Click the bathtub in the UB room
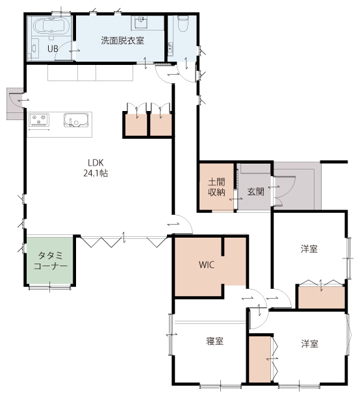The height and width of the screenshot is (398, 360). pyautogui.click(x=51, y=26)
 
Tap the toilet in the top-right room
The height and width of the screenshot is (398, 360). pyautogui.click(x=183, y=23)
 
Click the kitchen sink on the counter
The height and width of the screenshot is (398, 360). pyautogui.click(x=76, y=120)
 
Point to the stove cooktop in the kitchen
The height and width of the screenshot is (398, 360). pyautogui.click(x=38, y=119)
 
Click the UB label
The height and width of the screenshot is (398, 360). pyautogui.click(x=53, y=49)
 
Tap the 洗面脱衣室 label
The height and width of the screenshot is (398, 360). pyautogui.click(x=122, y=40)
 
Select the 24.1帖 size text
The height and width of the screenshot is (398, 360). pyautogui.click(x=96, y=173)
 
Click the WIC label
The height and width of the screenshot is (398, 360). pyautogui.click(x=207, y=265)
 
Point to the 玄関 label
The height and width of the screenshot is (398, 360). pyautogui.click(x=256, y=192)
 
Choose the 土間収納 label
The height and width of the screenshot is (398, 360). pyautogui.click(x=216, y=187)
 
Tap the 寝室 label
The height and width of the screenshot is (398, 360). pyautogui.click(x=215, y=341)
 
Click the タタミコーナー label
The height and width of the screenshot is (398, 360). pyautogui.click(x=51, y=260)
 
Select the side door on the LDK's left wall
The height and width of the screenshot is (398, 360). pyautogui.click(x=16, y=101)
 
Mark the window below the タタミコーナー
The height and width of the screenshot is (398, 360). pyautogui.click(x=50, y=288)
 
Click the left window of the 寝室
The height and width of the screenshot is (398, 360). pyautogui.click(x=170, y=334)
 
